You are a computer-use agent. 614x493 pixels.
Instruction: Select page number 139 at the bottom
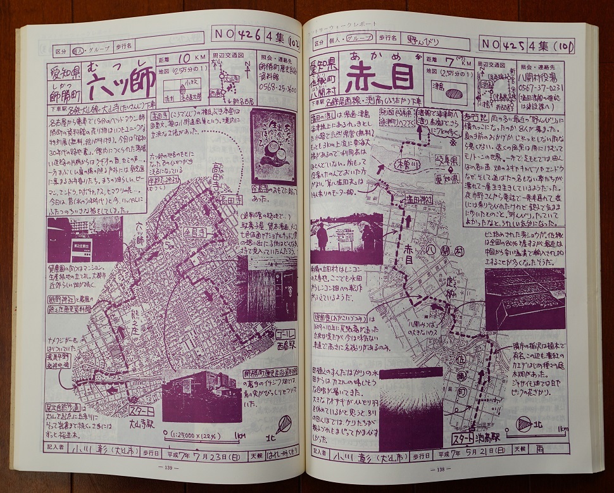click(x=168, y=468)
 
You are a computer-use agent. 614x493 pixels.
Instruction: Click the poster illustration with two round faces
click(x=274, y=148)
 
